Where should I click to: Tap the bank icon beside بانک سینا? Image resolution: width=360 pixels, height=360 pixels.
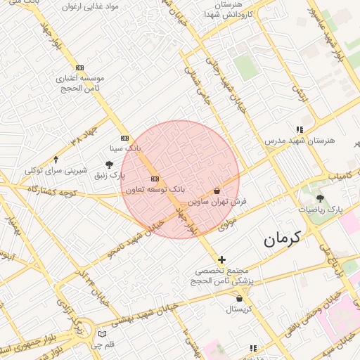coord(125,138)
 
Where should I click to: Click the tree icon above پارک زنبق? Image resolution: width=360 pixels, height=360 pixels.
coord(110,164)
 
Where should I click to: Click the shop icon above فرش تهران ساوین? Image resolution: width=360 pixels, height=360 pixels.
coord(217,191)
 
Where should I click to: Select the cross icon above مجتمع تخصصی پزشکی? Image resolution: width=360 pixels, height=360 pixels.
coord(221,259)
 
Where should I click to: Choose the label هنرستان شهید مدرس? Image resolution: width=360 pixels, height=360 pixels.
coord(300,141)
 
